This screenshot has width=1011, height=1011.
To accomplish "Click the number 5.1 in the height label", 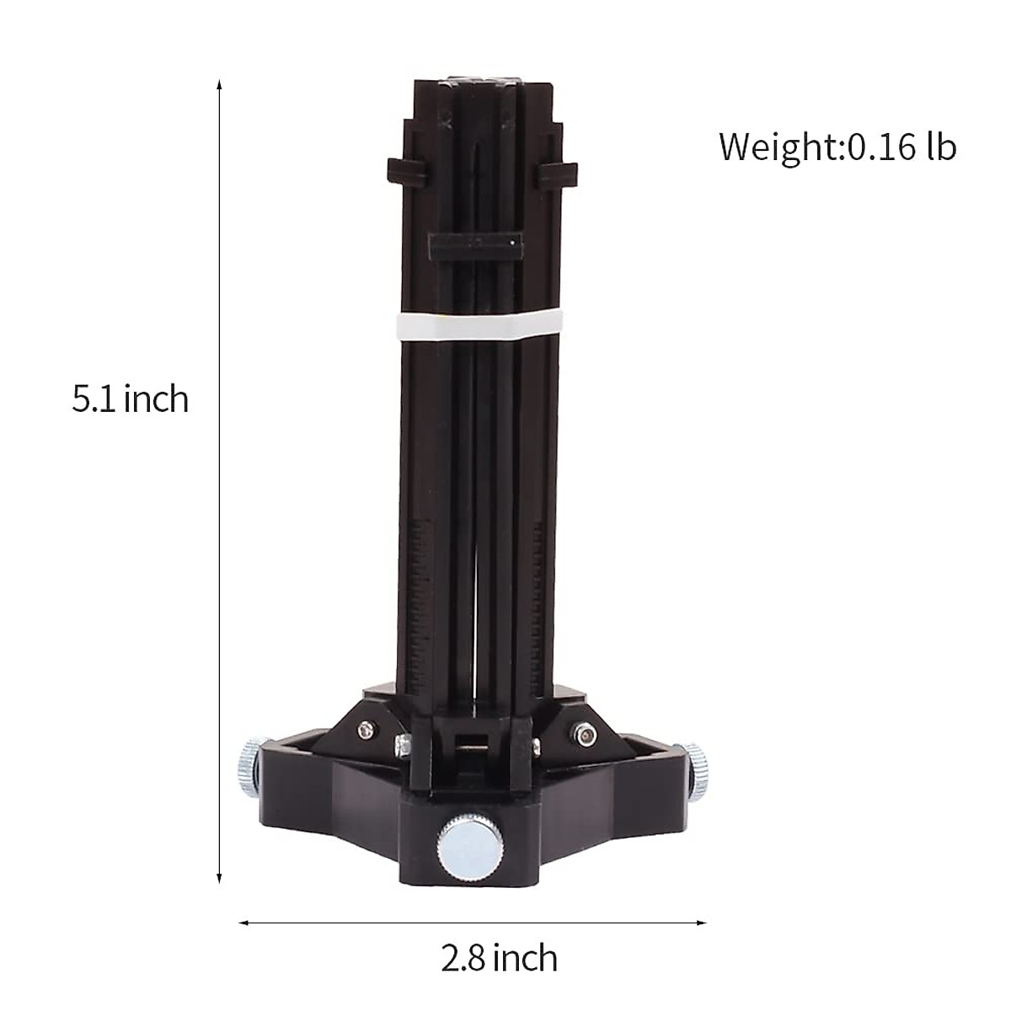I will tap(97, 399).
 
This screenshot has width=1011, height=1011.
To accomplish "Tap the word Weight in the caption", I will tap(776, 147).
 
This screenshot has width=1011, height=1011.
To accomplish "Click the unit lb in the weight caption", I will tap(942, 147).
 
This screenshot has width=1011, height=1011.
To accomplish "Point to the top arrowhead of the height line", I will tap(220, 85).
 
